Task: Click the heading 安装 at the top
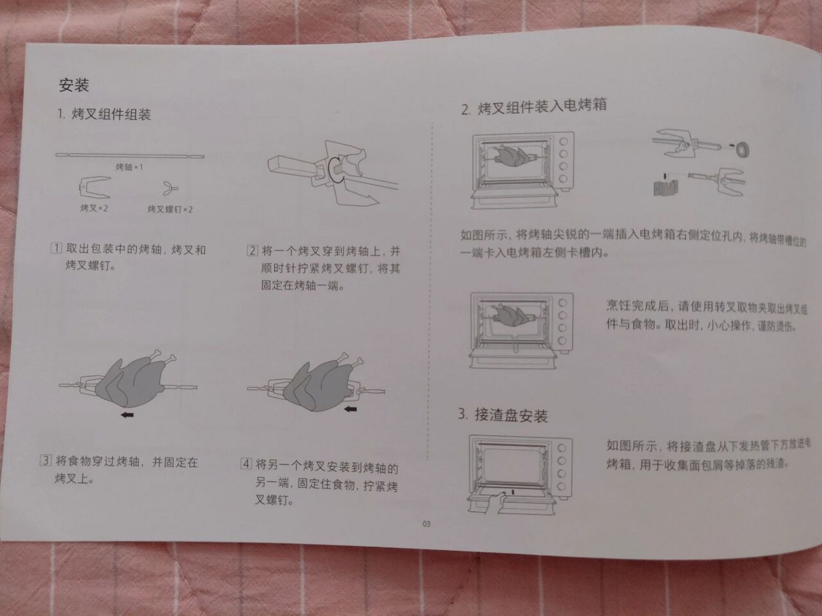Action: [x=74, y=85]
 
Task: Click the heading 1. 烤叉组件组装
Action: [x=104, y=114]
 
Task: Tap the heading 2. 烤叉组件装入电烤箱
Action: [x=534, y=106]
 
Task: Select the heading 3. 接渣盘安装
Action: [x=503, y=415]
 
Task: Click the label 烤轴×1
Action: [x=129, y=167]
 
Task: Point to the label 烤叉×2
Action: [x=94, y=208]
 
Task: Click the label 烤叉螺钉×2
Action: [x=170, y=209]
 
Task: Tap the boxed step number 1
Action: [x=56, y=249]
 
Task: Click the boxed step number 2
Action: [x=252, y=251]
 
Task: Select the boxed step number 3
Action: [x=45, y=461]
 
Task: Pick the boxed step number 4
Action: [x=246, y=464]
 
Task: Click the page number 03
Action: [x=426, y=524]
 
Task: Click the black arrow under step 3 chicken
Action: [x=127, y=414]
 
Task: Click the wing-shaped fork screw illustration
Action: [x=170, y=188]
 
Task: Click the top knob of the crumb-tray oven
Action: [x=561, y=448]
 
